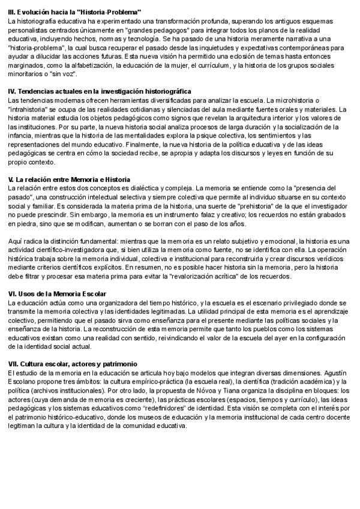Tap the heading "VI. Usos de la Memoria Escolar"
coord(58,294)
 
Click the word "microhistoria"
coord(295,100)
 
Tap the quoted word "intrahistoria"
coord(34,109)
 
